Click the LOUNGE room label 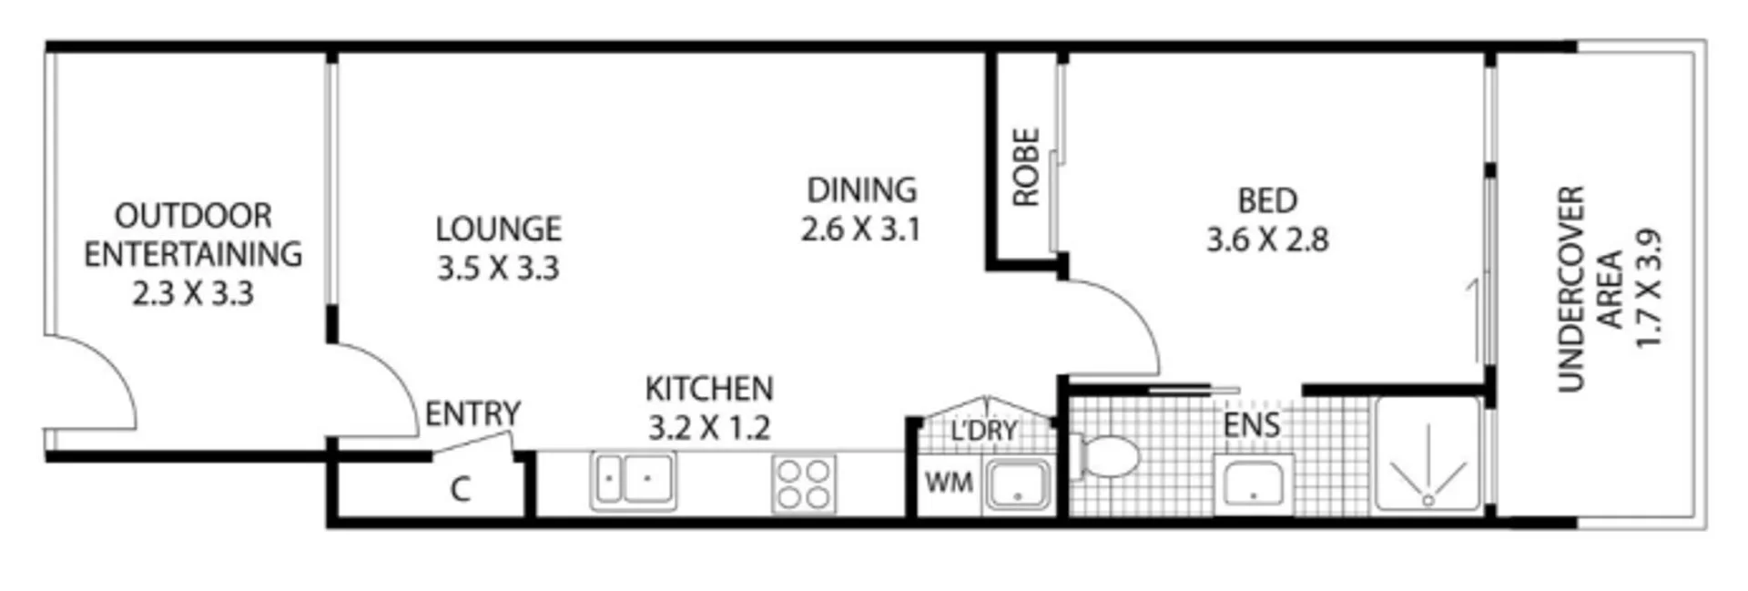[x=498, y=229]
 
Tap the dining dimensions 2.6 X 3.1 [x=860, y=229]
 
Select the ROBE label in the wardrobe [x=1026, y=168]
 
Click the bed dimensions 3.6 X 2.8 [x=1267, y=240]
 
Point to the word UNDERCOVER [x=1571, y=289]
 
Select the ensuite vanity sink [x=1253, y=483]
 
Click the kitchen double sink [x=634, y=480]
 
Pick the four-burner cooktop [x=803, y=484]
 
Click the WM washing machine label [x=948, y=483]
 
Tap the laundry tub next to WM [x=1019, y=484]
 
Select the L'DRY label [x=983, y=431]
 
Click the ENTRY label [x=473, y=414]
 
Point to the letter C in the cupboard [x=460, y=490]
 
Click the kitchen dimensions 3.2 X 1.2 [x=709, y=428]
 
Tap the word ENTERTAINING [x=193, y=254]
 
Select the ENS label [x=1251, y=425]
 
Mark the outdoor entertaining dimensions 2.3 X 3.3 [x=193, y=294]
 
